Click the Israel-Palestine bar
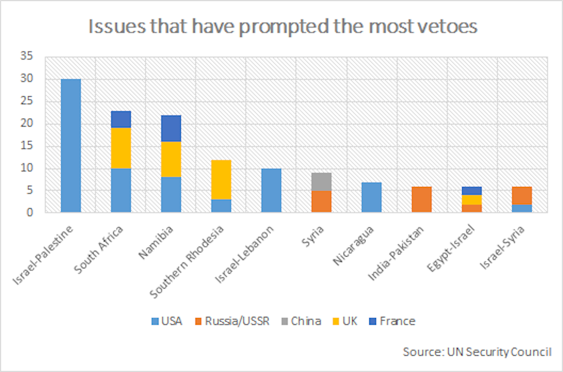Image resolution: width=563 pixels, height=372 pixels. [x=70, y=146]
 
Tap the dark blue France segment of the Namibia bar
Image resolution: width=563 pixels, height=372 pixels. [x=171, y=128]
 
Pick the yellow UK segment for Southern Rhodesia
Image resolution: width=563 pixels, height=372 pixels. [x=221, y=180]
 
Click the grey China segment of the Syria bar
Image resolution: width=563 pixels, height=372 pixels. [x=322, y=182]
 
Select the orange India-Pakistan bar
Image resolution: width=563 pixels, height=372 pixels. [x=422, y=199]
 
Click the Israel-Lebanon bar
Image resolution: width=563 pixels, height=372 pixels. [x=271, y=190]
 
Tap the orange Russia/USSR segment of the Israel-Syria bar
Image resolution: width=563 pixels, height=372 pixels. [x=522, y=195]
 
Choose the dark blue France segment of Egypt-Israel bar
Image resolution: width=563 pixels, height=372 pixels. [x=472, y=191]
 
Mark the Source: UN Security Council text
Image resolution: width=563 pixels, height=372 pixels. [x=477, y=352]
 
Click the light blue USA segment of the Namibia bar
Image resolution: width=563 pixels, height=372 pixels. [x=171, y=195]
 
